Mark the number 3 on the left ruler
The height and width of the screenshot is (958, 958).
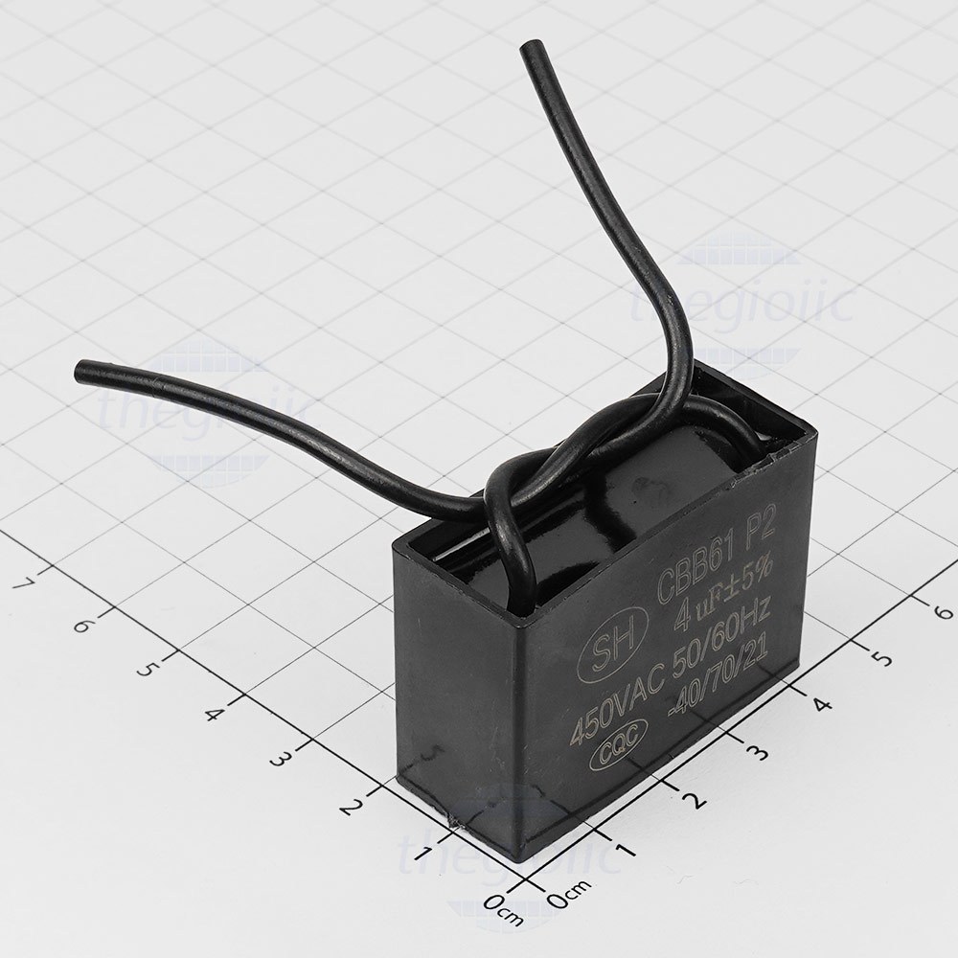(279, 760)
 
